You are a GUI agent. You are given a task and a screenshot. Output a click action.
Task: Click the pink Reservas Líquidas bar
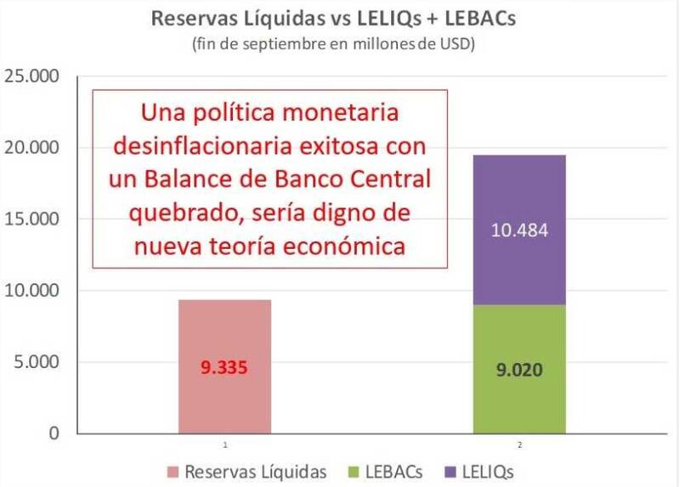coord(224,399)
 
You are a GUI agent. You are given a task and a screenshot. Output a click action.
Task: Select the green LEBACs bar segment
coord(519,399)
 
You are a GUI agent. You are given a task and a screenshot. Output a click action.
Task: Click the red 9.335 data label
coord(224,369)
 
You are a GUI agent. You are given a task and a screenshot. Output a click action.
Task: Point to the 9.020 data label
coord(519,371)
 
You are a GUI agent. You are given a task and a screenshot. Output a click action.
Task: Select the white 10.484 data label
coord(519,230)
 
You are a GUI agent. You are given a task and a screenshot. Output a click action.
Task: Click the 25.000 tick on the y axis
coord(33,77)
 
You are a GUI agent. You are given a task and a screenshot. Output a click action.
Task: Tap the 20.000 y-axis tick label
coord(33,149)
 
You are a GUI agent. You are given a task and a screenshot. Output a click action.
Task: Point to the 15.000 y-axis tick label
coord(33,220)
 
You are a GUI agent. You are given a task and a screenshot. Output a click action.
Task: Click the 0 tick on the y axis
coord(53,434)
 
